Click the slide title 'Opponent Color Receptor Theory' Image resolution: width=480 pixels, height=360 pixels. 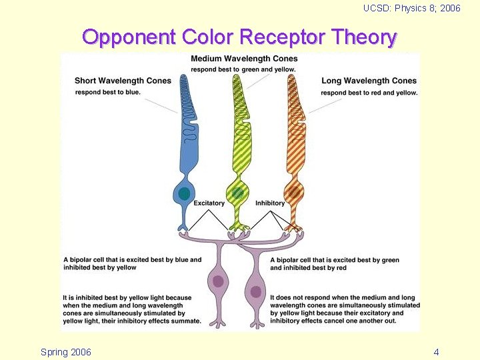239,37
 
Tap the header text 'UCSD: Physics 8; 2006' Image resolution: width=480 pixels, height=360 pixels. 411,9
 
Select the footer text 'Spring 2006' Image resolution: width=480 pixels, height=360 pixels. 66,351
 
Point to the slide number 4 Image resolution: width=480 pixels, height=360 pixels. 436,351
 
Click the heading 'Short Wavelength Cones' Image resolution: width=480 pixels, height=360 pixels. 123,81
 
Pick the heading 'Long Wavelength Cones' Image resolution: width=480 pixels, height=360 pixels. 369,81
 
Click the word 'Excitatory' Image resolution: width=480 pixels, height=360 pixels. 209,203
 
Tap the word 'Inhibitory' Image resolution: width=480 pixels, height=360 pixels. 270,203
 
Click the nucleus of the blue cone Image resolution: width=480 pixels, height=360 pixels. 184,193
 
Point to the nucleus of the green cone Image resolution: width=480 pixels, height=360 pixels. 237,193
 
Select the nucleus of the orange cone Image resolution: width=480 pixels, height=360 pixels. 291,193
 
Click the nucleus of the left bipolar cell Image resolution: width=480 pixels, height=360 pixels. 217,281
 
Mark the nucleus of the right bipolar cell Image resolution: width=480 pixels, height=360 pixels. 255,291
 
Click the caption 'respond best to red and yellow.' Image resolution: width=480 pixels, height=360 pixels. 369,93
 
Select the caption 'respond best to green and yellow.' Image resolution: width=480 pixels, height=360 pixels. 243,69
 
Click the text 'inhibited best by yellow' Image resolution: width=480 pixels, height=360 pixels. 99,267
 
